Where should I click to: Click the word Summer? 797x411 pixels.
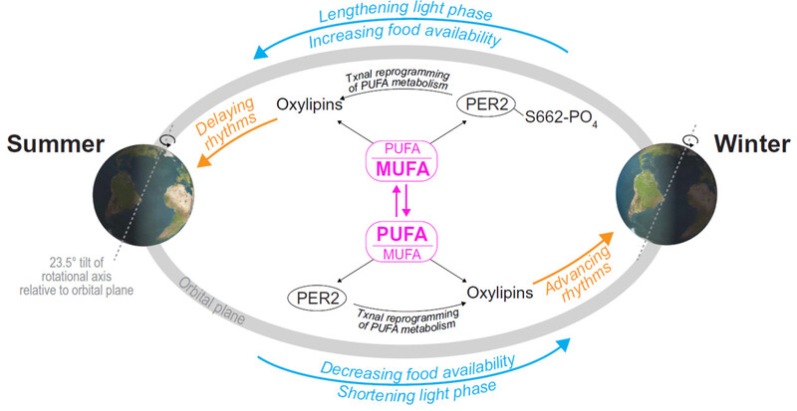click(x=56, y=143)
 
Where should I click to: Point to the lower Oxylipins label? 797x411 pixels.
click(x=501, y=294)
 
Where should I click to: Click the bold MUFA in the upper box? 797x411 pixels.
click(x=402, y=168)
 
